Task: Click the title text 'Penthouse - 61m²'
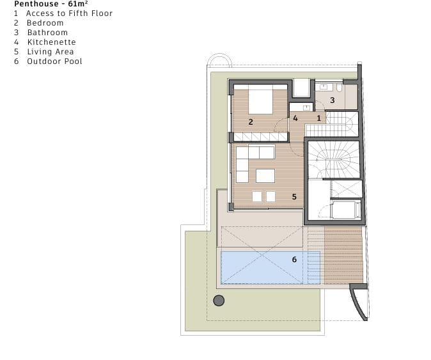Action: [51, 4]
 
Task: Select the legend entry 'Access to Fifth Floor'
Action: [69, 13]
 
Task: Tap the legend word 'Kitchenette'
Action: [52, 42]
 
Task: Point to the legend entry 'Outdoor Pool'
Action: [55, 61]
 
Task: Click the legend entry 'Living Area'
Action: [51, 52]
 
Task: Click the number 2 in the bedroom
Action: [251, 122]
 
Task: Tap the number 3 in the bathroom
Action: [333, 100]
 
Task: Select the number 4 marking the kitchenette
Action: [295, 118]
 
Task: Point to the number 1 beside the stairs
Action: [319, 118]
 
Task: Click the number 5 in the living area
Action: [294, 197]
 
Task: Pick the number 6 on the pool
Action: [294, 260]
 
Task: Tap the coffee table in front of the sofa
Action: [265, 176]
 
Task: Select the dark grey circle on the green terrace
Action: [219, 301]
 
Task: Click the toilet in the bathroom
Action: [339, 88]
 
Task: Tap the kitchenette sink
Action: [306, 107]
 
